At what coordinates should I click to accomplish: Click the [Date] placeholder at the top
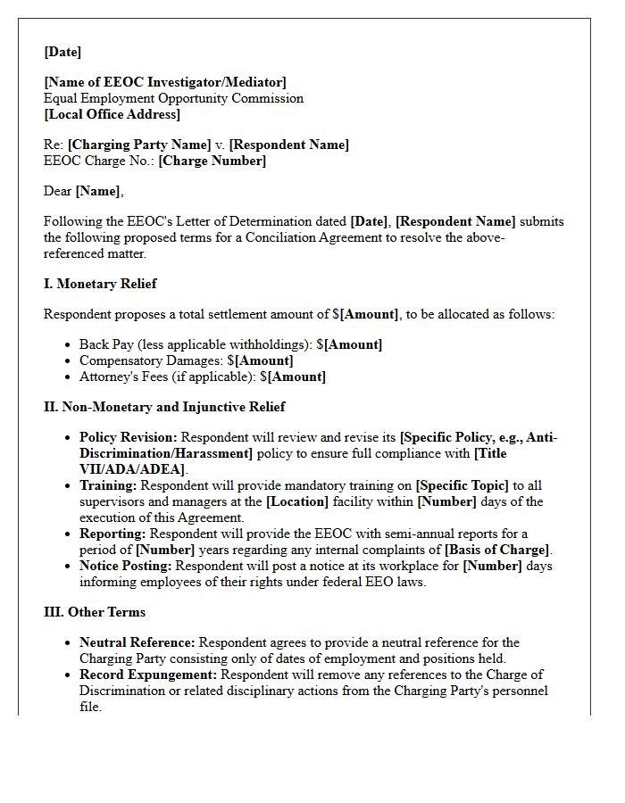point(62,52)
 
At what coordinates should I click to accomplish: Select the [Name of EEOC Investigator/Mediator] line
point(165,82)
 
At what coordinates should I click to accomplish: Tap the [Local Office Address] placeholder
point(112,114)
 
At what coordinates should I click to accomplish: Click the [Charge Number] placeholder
point(212,161)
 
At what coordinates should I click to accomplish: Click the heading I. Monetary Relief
point(100,284)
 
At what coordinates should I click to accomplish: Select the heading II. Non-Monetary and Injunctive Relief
point(164,407)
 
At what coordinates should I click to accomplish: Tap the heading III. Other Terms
point(95,612)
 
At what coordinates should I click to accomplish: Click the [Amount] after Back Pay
point(354,344)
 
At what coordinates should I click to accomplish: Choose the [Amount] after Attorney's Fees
point(297,377)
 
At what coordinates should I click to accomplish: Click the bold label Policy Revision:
point(129,437)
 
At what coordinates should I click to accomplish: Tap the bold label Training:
point(108,485)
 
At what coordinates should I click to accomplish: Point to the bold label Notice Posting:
point(126,566)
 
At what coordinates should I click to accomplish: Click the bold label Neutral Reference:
point(137,642)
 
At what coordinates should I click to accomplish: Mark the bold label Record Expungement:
point(148,675)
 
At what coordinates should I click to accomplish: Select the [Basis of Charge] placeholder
point(497,550)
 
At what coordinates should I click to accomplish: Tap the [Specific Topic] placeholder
point(462,485)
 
